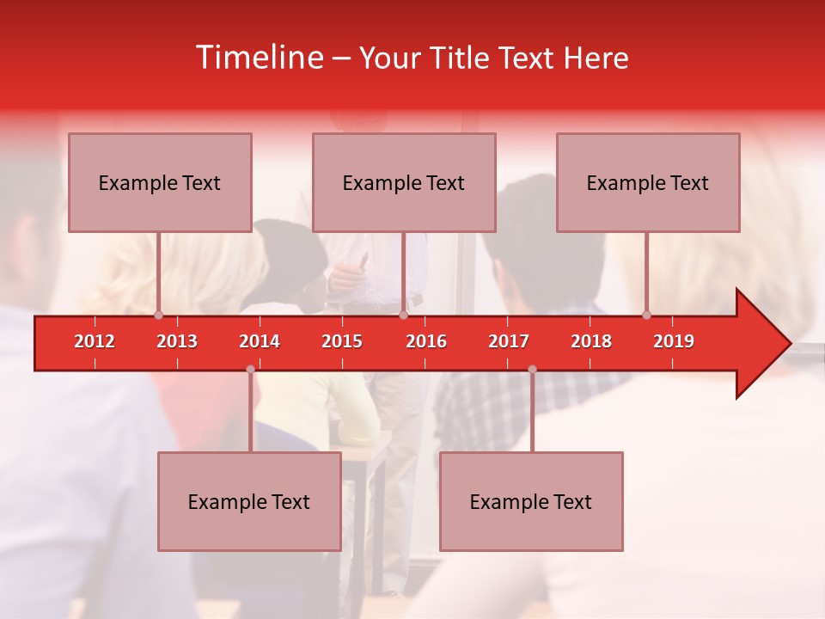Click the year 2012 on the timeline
click(x=95, y=341)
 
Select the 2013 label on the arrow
click(x=177, y=341)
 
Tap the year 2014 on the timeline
click(x=260, y=341)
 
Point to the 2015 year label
click(x=342, y=341)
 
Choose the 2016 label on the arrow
click(x=426, y=341)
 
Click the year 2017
click(x=509, y=341)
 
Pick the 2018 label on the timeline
click(x=591, y=341)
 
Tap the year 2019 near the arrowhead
click(x=674, y=341)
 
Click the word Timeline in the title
click(x=258, y=58)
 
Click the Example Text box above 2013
click(x=160, y=182)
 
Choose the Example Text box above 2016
click(x=404, y=182)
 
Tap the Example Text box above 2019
click(x=648, y=182)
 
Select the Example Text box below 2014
click(x=249, y=501)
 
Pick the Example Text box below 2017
click(x=531, y=501)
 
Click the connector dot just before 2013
click(x=158, y=315)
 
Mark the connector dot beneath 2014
click(x=250, y=369)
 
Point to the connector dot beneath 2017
click(x=532, y=369)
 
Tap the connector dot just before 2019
click(x=646, y=315)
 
